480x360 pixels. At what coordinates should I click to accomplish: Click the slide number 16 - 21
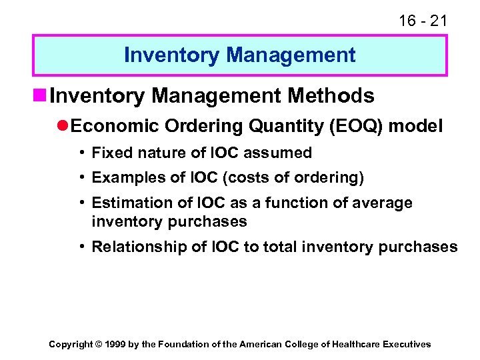pyautogui.click(x=423, y=21)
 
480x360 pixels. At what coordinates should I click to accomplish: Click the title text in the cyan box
pyautogui.click(x=239, y=55)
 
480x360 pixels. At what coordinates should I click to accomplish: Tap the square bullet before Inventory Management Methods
pyautogui.click(x=40, y=97)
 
